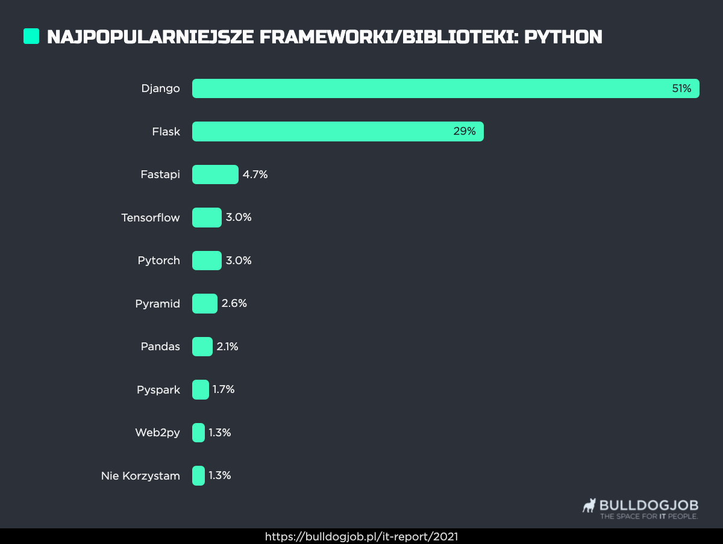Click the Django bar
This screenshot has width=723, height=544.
click(445, 88)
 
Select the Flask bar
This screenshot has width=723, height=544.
click(337, 131)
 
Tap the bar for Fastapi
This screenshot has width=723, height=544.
click(215, 175)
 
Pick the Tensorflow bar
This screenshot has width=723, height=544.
click(207, 217)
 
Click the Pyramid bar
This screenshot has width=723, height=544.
click(204, 303)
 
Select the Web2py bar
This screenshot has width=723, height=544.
click(198, 433)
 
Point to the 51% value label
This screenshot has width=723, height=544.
click(681, 88)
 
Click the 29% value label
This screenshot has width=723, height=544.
click(465, 131)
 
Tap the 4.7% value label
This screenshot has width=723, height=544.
click(255, 175)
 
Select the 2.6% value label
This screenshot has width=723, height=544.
click(234, 303)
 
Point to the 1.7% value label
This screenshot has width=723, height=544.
click(223, 389)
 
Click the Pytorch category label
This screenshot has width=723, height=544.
click(158, 261)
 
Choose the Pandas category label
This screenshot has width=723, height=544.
click(160, 347)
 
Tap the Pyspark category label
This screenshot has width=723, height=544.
click(158, 390)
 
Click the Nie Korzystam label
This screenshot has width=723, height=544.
click(140, 476)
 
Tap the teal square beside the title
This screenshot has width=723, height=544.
click(31, 36)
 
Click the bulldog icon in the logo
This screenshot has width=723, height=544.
click(589, 505)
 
